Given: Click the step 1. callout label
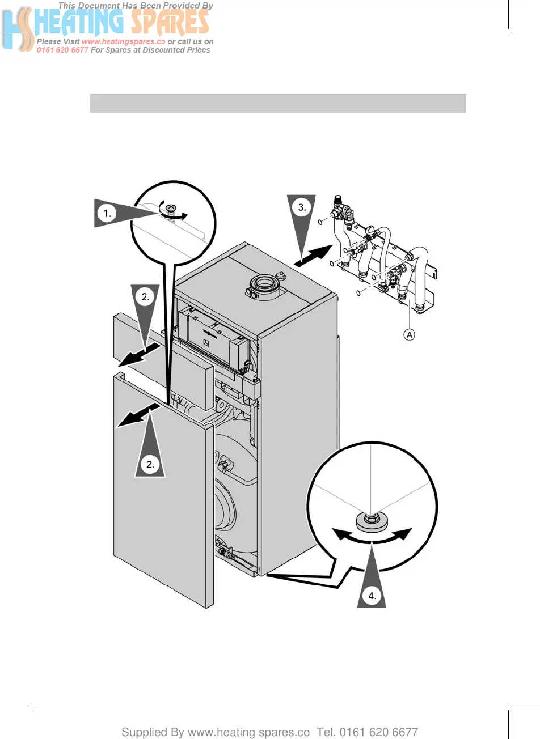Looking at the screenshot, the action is (x=107, y=214).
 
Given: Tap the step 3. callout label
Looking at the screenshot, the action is (x=302, y=207).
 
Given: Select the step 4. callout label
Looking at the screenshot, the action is (x=372, y=595).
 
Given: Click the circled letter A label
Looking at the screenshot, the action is (x=409, y=335).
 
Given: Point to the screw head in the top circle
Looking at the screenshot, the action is (x=168, y=209).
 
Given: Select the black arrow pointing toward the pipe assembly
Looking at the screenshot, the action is (x=314, y=256).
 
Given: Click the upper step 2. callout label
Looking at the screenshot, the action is (x=146, y=296).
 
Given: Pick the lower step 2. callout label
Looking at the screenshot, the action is (x=150, y=464).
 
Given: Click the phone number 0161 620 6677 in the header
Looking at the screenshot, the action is (x=62, y=50).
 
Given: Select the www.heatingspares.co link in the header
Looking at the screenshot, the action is (x=123, y=41).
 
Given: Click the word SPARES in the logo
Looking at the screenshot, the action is (x=170, y=23).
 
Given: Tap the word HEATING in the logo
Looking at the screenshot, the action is (x=79, y=23).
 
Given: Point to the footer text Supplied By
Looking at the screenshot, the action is (x=152, y=732).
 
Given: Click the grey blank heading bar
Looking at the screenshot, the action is (x=278, y=103).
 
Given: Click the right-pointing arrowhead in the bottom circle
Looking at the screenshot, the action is (x=404, y=534).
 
